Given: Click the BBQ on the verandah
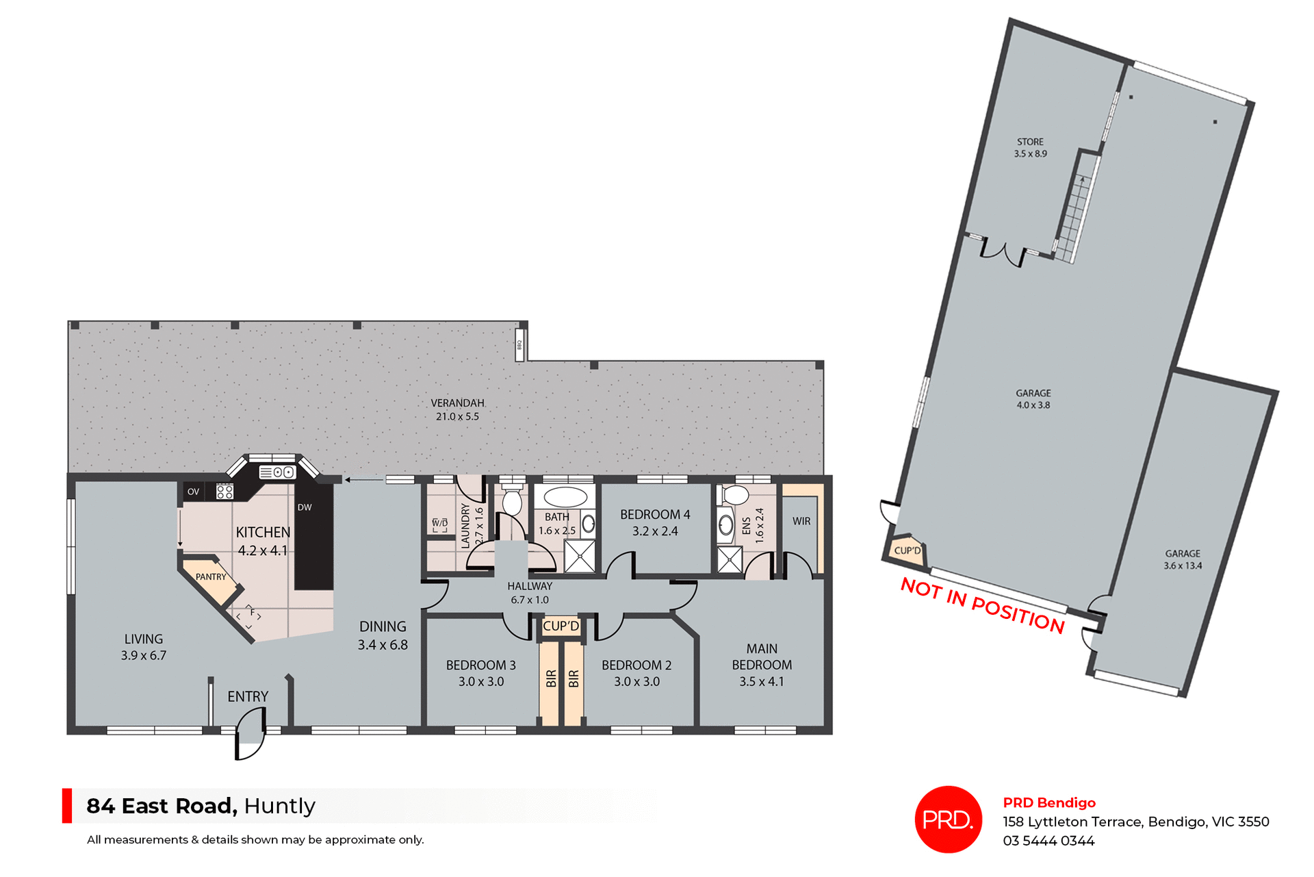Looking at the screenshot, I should click(x=519, y=344).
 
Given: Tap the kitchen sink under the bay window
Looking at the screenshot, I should click(x=277, y=472).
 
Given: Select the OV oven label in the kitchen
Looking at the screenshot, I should click(x=194, y=492).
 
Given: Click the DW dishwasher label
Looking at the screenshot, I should click(x=305, y=507).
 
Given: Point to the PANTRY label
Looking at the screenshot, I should click(x=211, y=577).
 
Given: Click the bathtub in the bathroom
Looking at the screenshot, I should click(x=565, y=496).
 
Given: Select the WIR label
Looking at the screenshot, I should click(x=801, y=521).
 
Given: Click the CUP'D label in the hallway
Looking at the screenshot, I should click(x=561, y=626).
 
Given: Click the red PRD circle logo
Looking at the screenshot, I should click(x=948, y=819).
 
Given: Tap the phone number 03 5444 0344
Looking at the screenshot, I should click(x=1048, y=841).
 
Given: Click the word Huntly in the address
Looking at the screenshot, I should click(x=279, y=806).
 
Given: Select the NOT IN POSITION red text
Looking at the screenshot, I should click(x=982, y=605).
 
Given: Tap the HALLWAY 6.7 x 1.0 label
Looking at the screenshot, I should click(x=530, y=593).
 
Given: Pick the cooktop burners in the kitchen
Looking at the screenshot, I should click(x=224, y=491).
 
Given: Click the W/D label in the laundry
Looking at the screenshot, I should click(x=440, y=523).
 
